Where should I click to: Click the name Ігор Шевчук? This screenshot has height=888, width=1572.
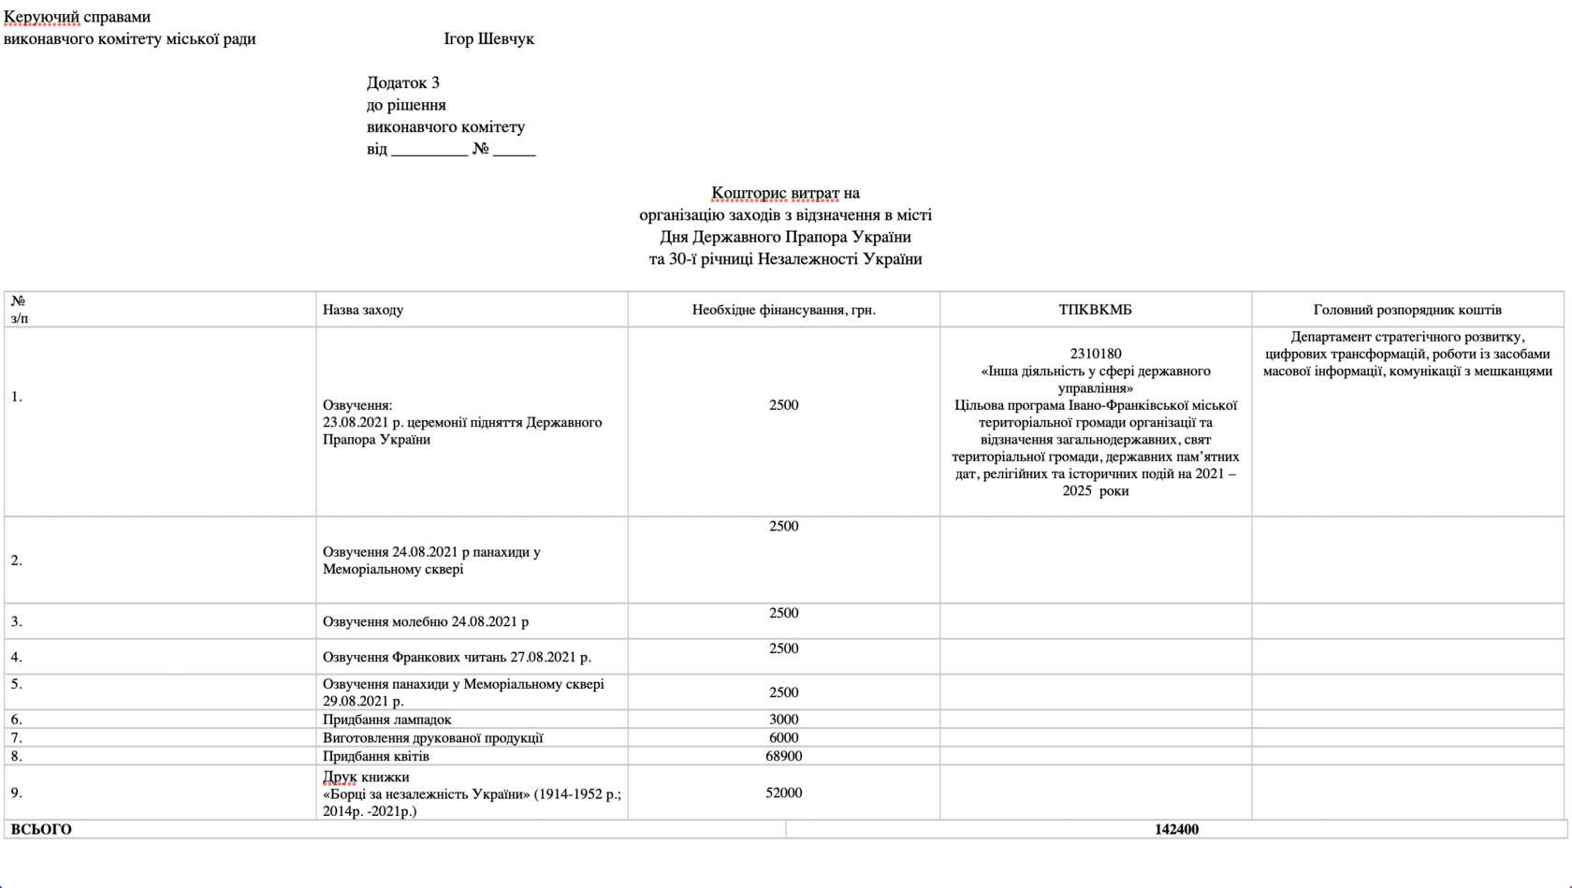[488, 39]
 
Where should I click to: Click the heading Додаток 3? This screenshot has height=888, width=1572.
[402, 83]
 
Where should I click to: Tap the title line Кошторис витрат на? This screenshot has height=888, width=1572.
[785, 194]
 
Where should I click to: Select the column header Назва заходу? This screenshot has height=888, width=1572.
[363, 310]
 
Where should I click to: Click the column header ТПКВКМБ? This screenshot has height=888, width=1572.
[1095, 310]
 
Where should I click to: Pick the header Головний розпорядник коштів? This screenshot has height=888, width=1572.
[1406, 310]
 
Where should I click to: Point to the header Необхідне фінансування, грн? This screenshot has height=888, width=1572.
[783, 310]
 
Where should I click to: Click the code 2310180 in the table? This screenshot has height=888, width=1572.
[1095, 354]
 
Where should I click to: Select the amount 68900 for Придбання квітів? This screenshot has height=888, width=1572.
[783, 756]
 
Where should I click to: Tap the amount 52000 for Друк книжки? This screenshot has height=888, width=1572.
[783, 793]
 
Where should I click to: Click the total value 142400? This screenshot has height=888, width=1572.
[1176, 829]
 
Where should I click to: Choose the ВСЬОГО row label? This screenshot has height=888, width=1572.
[41, 829]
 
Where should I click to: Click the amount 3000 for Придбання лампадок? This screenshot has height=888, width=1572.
[783, 720]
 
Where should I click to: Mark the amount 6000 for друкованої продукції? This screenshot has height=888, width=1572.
[783, 737]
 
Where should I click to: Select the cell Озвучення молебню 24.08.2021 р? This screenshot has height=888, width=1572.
[426, 621]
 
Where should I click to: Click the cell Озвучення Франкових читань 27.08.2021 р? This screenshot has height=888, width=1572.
[457, 657]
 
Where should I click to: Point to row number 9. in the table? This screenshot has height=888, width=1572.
[16, 793]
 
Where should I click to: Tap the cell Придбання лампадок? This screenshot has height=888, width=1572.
[386, 720]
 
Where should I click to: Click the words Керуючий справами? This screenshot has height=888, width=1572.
[77, 17]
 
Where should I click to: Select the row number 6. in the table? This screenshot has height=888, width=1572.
[16, 720]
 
